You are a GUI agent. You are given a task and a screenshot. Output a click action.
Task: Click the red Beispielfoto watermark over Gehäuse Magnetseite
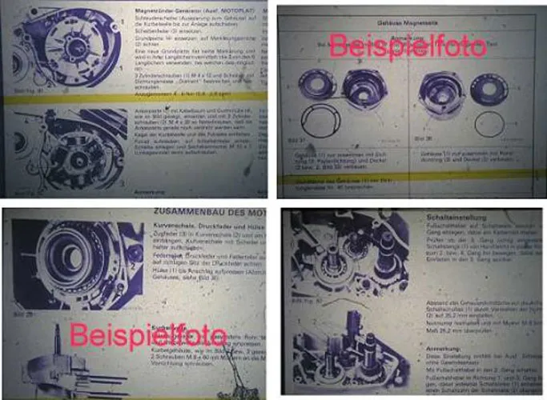pos(408,45)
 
